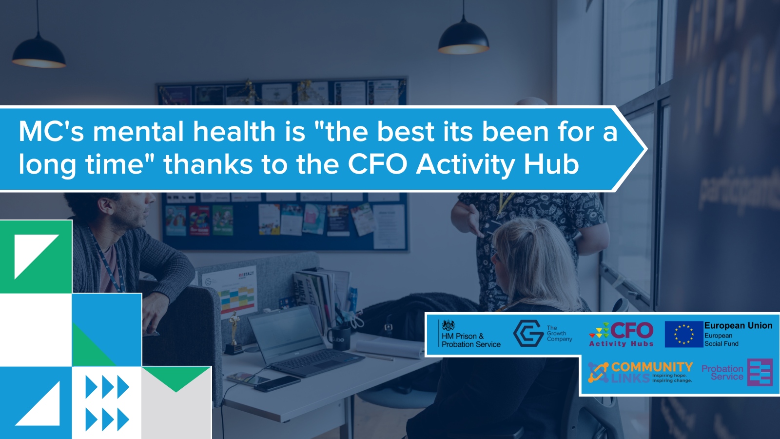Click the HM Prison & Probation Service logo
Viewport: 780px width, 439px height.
469,334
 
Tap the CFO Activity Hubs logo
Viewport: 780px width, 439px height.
622,334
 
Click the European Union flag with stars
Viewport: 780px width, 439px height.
683,334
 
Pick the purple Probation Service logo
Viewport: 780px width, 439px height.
737,373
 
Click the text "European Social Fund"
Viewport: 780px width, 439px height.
721,339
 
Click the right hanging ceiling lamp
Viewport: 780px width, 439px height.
463,38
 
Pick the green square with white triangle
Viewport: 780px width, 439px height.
36,257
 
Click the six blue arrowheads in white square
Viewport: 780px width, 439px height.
107,403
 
